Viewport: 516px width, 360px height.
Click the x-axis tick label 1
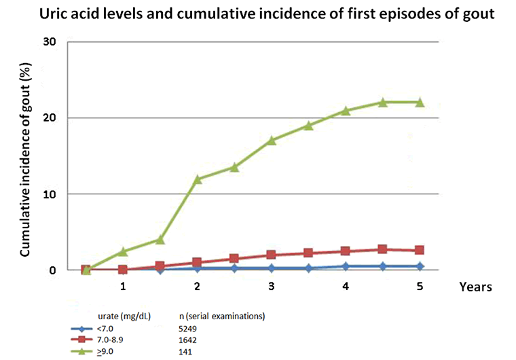123,287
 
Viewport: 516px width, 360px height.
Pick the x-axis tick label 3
272,287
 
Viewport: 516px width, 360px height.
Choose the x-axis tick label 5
420,287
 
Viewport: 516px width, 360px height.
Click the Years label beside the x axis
475,287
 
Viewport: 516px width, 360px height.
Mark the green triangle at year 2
198,179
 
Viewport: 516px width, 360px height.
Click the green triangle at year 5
420,102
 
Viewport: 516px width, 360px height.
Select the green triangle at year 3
272,140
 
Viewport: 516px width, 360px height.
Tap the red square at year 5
420,251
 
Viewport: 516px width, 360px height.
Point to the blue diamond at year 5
420,266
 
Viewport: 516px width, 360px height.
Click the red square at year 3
272,255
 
